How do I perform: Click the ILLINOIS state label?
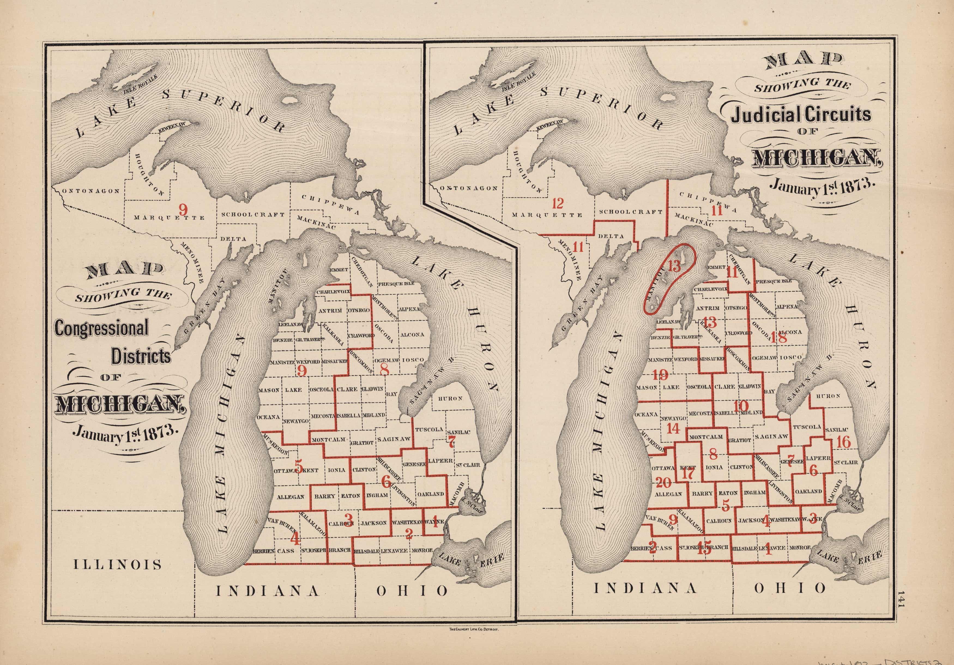pos(117,564)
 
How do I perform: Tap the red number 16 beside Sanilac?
pos(844,442)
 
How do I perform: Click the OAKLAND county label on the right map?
pos(808,491)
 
